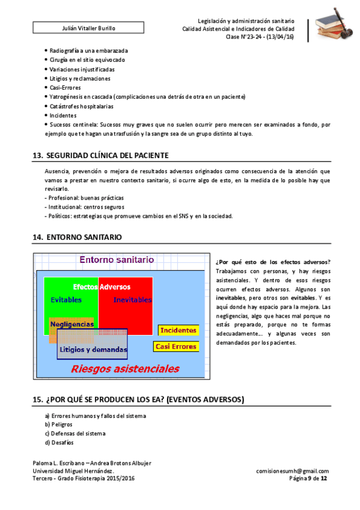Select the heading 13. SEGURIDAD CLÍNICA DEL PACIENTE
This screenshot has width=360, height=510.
coord(100,156)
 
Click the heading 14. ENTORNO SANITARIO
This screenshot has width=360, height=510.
coord(77,238)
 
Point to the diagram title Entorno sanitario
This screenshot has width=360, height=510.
coord(117,260)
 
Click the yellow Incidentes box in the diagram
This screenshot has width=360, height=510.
coord(178,330)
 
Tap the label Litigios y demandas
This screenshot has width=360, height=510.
coord(93,349)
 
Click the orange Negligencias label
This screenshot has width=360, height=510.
coord(72,324)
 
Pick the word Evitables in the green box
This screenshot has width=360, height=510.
coord(66,300)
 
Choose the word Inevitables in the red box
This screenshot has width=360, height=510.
coord(132,300)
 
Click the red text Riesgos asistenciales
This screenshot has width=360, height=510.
coord(124,368)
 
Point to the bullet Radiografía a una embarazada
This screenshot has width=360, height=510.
coord(88,51)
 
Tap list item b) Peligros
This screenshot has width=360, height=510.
coord(58,425)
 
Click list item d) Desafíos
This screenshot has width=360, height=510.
coord(59,443)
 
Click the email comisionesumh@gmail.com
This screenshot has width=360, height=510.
coord(291,471)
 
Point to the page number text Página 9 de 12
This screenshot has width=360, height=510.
coord(308,479)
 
